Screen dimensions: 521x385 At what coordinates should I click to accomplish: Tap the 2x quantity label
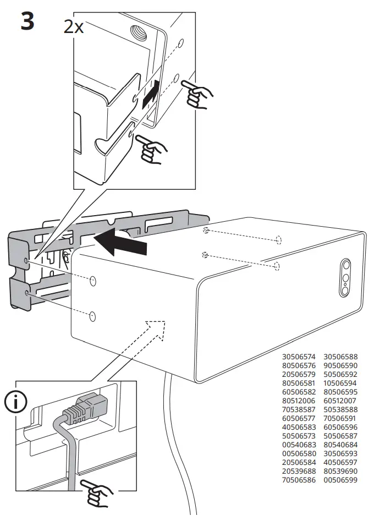point(74,26)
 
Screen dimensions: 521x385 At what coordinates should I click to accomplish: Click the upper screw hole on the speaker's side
point(92,281)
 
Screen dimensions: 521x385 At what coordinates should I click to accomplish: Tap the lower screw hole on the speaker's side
point(92,316)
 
